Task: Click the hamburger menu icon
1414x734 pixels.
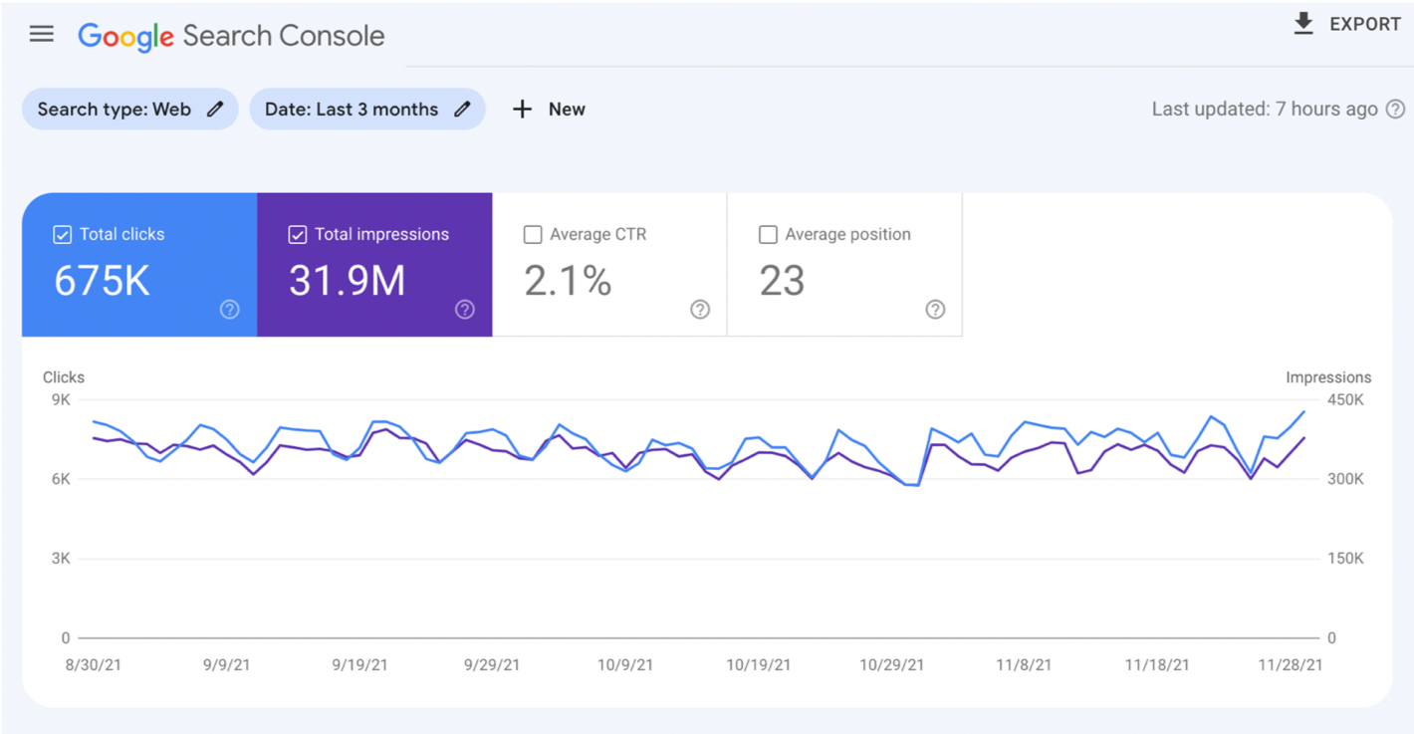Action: tap(42, 34)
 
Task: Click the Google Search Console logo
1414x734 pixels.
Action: tap(231, 36)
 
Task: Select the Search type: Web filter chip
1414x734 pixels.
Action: tap(115, 110)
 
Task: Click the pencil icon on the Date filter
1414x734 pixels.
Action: tap(462, 110)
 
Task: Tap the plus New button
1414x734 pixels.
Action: tap(549, 110)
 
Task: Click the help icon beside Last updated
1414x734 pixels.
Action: tap(1396, 110)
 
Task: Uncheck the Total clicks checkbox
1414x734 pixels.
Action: tap(62, 235)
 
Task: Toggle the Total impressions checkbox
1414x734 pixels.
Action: tap(297, 235)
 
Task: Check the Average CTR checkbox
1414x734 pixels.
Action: tap(533, 235)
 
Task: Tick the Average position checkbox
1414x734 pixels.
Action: tap(768, 235)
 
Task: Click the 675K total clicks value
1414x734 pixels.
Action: tap(102, 282)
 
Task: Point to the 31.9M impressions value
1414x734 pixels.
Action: tap(347, 282)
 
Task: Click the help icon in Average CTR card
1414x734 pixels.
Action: tap(700, 310)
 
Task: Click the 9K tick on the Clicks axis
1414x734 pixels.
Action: tap(61, 400)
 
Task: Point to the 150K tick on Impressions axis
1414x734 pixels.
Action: tap(1344, 559)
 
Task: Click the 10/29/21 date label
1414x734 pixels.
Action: tap(891, 665)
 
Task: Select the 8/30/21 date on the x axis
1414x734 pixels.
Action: tap(94, 665)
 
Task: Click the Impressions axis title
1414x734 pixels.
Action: tap(1327, 377)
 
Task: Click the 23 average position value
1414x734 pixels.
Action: tap(782, 282)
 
